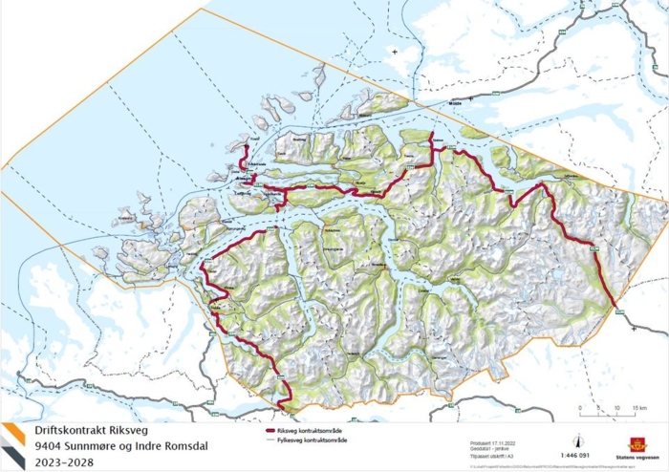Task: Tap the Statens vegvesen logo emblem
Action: click(637, 443)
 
